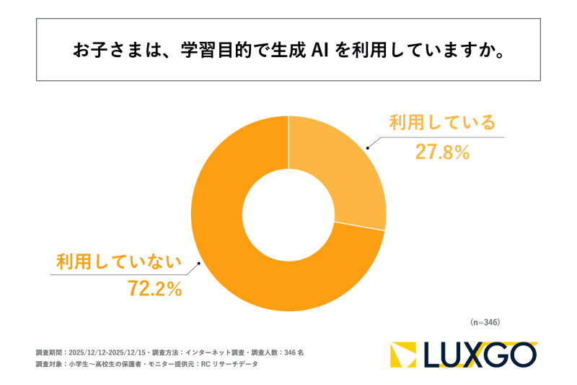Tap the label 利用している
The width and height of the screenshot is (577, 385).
(442, 123)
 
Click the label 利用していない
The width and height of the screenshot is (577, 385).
(119, 261)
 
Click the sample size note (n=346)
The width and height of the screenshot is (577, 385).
(485, 321)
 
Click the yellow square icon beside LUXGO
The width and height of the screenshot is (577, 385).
(404, 355)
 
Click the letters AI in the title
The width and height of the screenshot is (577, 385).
(322, 51)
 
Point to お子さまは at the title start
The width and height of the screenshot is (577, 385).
(108, 51)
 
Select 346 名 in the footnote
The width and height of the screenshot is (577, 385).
(292, 352)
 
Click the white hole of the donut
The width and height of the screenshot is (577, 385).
(288, 214)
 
